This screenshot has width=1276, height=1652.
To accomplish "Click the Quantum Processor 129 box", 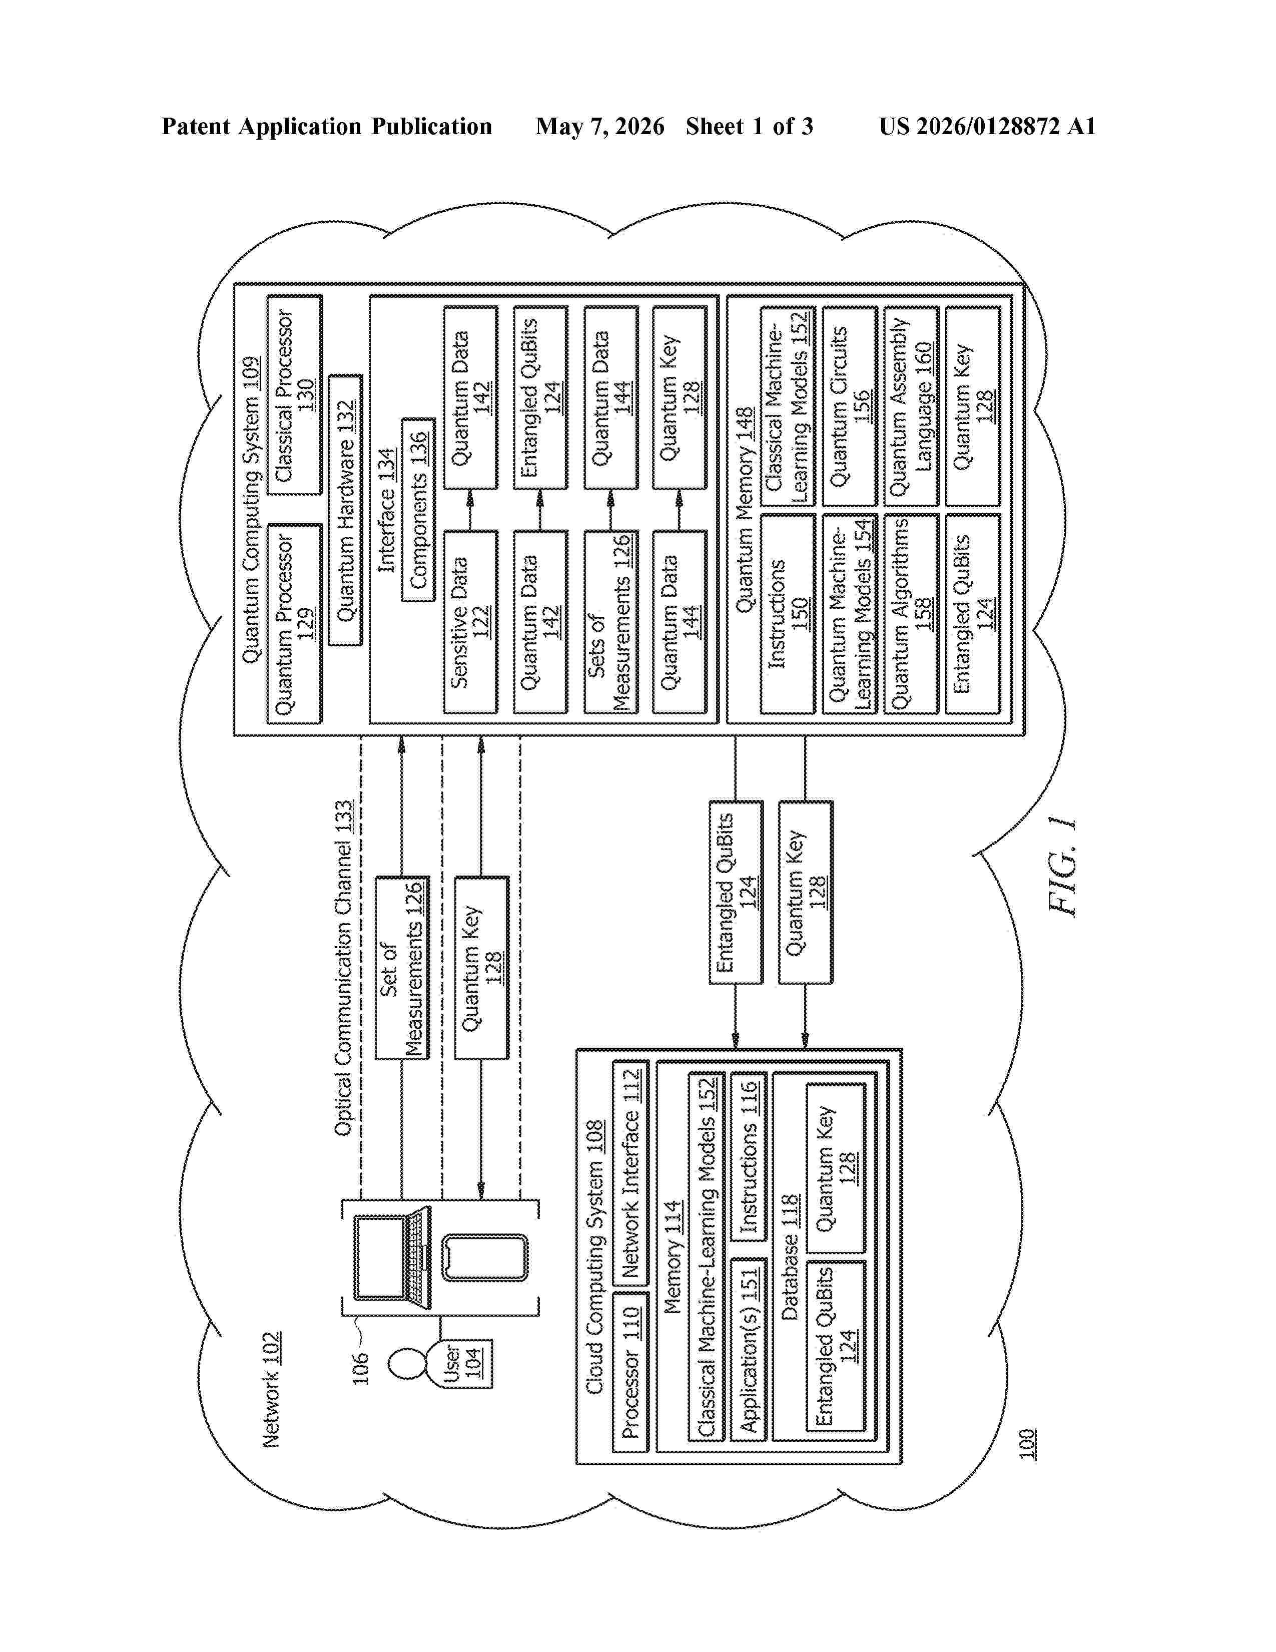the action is coord(294,623).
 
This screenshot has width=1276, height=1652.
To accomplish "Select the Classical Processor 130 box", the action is coord(294,395).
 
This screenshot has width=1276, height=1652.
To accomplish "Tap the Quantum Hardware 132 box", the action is coord(345,511).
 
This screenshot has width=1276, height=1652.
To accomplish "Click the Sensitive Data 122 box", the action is coord(470,622).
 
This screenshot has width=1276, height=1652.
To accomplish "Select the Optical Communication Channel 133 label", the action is coord(343,968).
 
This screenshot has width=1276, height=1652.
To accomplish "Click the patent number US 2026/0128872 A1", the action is coord(987,126).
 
